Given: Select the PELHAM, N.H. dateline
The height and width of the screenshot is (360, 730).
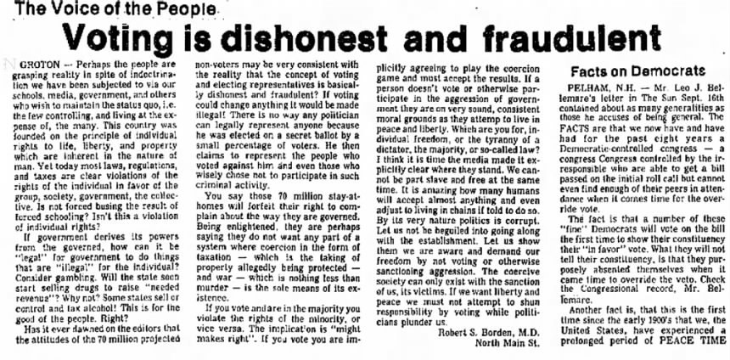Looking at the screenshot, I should (x=598, y=88).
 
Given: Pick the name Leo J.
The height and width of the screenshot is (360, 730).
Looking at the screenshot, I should (x=670, y=88).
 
